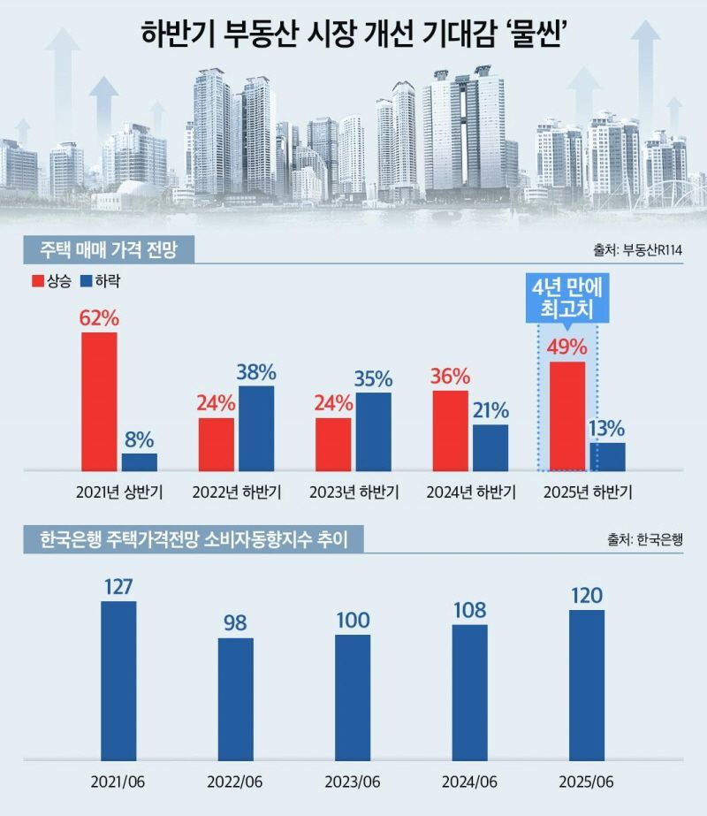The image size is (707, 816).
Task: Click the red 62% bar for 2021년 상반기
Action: tap(99, 400)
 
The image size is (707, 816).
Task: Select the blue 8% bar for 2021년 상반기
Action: tap(140, 461)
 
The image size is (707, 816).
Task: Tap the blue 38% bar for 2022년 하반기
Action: tap(256, 427)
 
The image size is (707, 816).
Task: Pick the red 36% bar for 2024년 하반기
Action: tap(451, 430)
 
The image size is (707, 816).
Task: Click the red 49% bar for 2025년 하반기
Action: tap(567, 415)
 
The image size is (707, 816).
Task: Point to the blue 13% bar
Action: tap(607, 455)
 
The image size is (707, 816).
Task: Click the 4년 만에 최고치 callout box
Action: tap(566, 299)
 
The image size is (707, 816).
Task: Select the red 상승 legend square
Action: tap(37, 281)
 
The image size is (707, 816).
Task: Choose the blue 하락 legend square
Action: tap(86, 281)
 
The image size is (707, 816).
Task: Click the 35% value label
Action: tap(374, 378)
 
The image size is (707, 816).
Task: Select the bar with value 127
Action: tap(119, 679)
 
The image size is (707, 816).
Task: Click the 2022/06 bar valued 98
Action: tap(236, 698)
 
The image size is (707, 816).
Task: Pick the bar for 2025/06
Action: tap(587, 683)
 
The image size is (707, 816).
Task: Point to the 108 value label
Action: tap(470, 611)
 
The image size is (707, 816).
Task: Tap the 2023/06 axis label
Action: tap(353, 782)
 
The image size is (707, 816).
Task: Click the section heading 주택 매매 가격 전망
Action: tap(103, 250)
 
